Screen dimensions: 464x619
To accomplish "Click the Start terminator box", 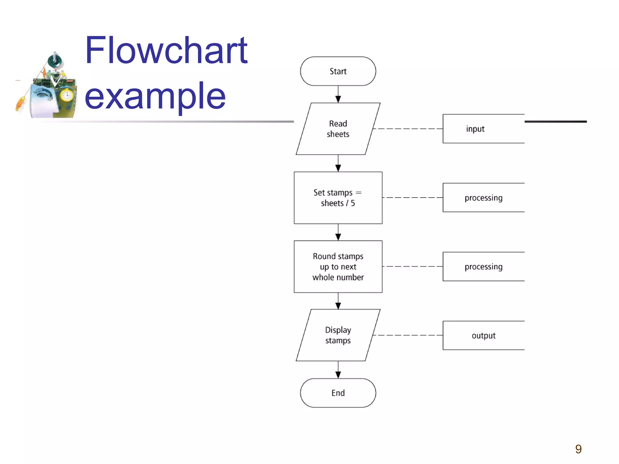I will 338,71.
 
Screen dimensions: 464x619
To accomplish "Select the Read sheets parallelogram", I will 338,129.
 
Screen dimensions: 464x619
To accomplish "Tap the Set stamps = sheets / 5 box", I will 338,198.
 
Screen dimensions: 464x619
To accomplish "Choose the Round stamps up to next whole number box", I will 338,266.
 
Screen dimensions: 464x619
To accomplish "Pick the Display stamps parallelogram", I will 338,335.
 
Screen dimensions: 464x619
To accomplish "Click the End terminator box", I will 338,393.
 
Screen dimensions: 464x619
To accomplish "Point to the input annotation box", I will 483,129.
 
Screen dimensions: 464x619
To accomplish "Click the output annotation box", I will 483,335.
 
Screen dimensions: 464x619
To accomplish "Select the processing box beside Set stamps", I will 483,198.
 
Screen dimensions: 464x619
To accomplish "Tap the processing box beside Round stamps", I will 483,266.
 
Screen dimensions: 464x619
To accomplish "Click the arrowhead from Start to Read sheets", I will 338,99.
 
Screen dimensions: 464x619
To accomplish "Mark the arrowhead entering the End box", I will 338,375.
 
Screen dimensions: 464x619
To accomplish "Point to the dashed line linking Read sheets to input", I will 408,129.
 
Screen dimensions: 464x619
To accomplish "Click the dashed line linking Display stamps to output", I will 408,335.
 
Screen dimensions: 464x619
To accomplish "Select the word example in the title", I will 155,96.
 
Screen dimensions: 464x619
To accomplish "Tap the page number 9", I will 578,449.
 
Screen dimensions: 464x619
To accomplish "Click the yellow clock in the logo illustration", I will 66,96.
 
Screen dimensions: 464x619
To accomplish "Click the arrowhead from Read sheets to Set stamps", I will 338,168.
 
